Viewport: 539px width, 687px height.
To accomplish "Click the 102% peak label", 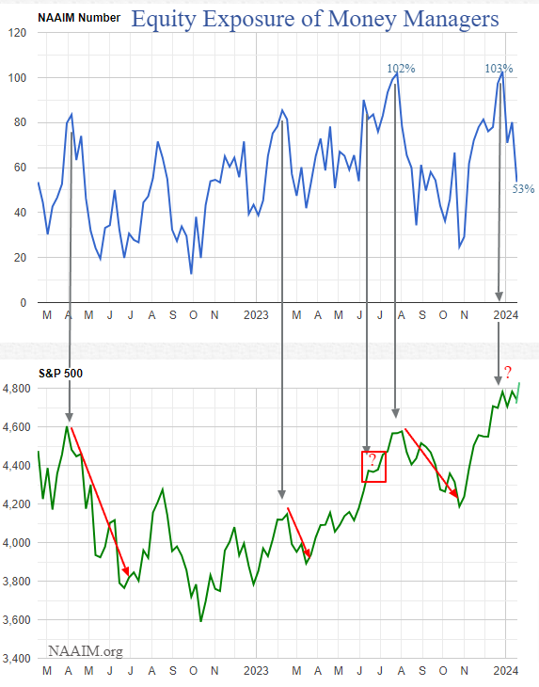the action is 401,69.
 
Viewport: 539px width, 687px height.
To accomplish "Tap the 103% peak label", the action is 499,69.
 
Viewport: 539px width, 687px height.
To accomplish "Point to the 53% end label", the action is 523,189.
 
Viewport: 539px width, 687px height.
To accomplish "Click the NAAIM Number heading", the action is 79,18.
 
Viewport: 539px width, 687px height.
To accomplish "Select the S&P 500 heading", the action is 61,374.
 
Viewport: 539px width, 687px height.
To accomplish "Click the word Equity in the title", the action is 165,19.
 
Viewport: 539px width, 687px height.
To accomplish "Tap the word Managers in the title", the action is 451,19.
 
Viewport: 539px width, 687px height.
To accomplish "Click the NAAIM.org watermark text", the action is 86,650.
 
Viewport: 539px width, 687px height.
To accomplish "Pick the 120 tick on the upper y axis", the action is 17,33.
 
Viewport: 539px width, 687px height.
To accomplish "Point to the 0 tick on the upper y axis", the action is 24,303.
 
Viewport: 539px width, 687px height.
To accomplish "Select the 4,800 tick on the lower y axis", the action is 16,389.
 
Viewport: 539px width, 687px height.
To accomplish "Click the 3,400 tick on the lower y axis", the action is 16,659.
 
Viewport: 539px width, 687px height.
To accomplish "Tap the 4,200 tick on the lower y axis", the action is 16,504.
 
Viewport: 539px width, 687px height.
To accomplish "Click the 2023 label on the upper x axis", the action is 256,315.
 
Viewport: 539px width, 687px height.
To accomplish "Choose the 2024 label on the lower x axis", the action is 506,671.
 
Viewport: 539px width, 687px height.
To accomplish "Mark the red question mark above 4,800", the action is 507,373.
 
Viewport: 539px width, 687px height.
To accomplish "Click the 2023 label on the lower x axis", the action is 256,671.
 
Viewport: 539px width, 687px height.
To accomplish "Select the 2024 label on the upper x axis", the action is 506,315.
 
